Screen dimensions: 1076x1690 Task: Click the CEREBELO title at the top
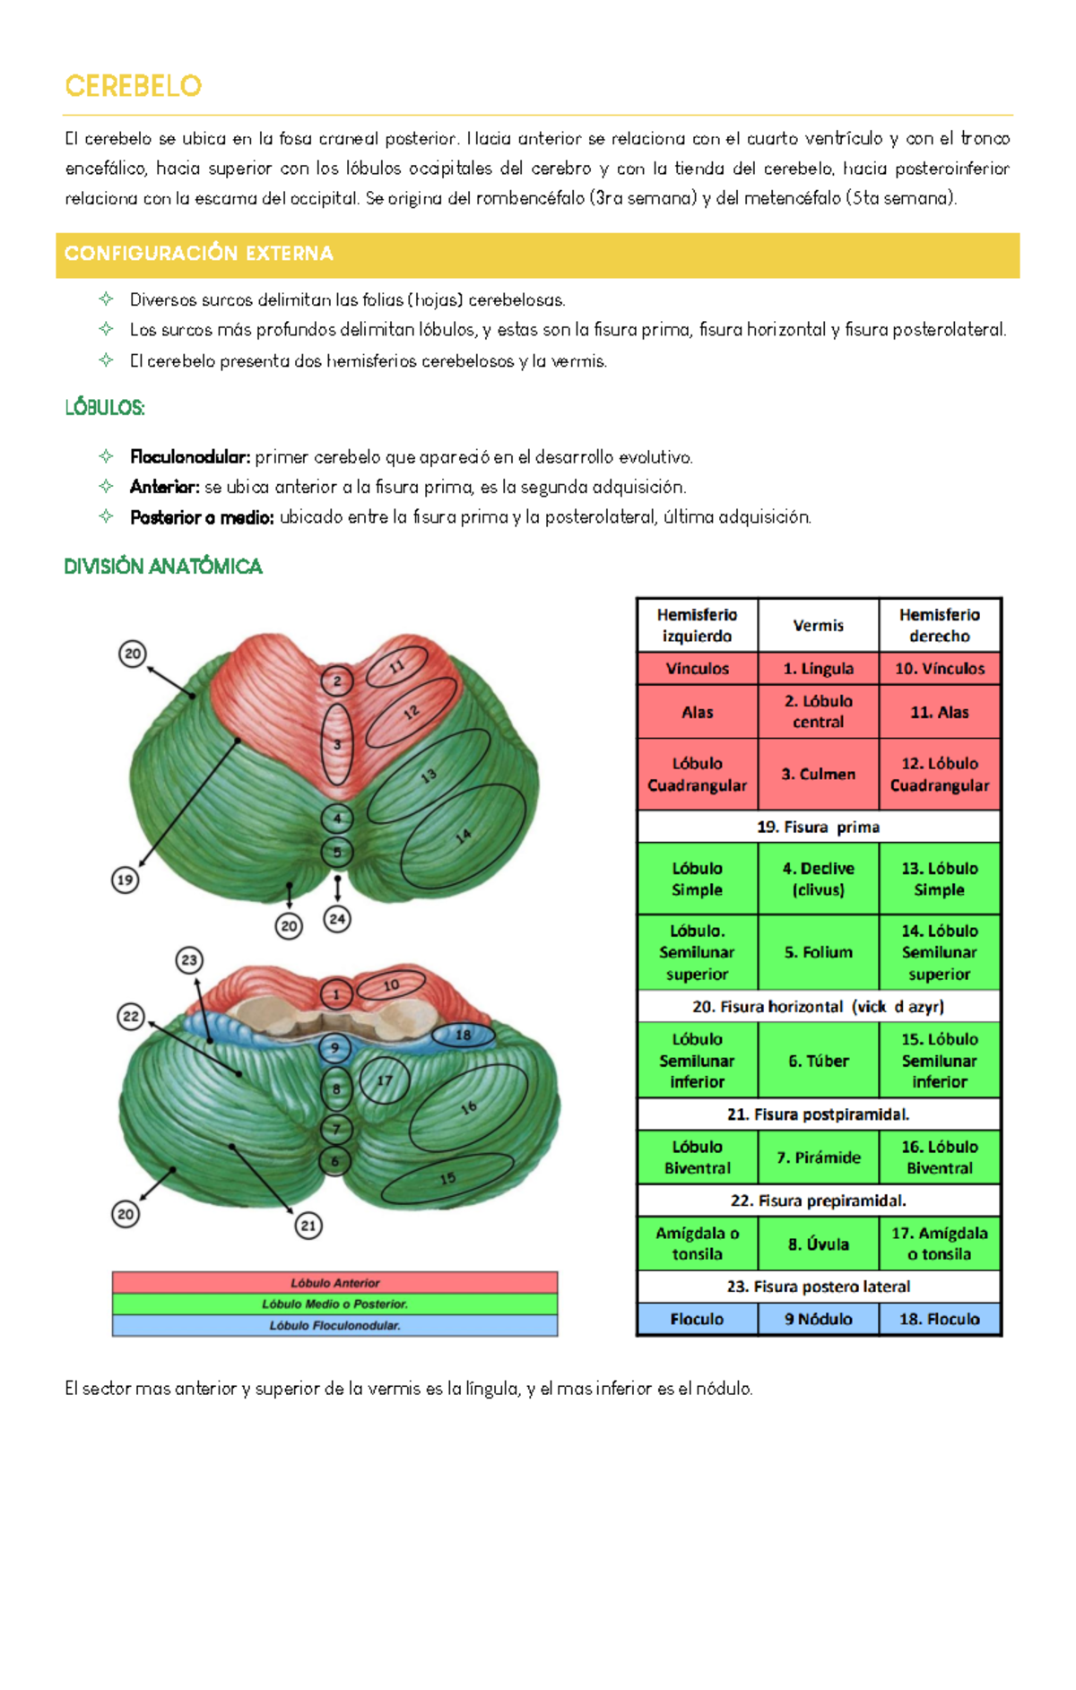[133, 86]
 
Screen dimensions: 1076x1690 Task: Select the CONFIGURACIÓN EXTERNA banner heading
[198, 254]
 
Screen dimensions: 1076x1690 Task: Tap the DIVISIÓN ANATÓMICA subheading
[163, 567]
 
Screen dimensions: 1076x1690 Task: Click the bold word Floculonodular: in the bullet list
[189, 457]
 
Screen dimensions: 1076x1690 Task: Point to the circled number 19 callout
[125, 880]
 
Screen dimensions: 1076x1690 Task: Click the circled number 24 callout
[337, 919]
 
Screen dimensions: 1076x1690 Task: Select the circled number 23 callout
[189, 960]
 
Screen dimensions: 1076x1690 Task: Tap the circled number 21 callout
[308, 1226]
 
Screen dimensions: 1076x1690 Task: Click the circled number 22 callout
[131, 1017]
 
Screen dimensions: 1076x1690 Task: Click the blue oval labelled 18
[463, 1035]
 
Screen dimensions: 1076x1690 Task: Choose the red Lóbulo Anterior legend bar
[334, 1283]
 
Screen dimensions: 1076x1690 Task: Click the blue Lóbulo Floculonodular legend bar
[334, 1325]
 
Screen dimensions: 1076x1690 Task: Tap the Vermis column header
[818, 625]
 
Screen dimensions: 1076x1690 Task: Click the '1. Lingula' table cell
[818, 669]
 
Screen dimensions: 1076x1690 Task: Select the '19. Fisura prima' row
[819, 827]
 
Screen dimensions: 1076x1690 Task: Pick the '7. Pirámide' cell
[818, 1157]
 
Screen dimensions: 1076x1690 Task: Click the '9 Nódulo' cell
[818, 1319]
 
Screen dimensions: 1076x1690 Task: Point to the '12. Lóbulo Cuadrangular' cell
[940, 775]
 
